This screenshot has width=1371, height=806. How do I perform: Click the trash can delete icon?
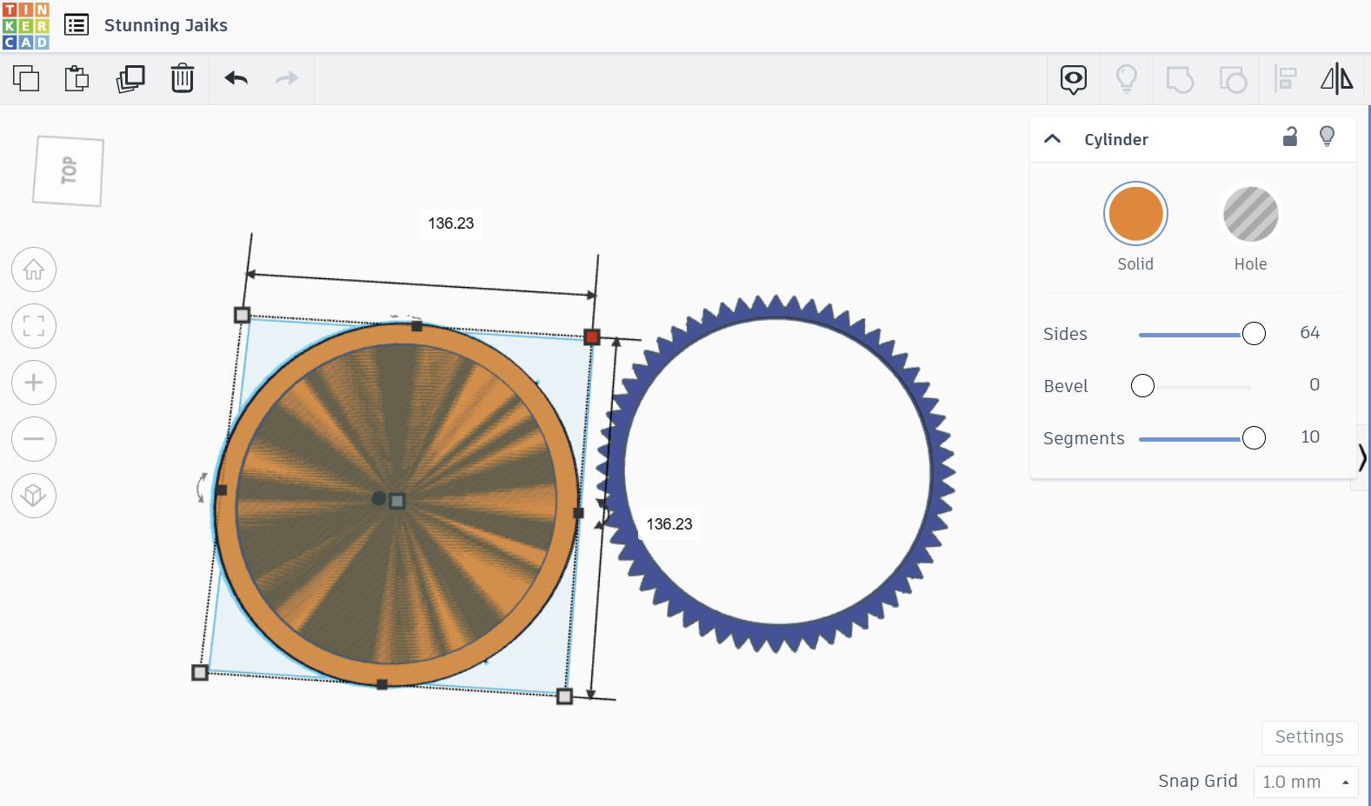click(x=183, y=78)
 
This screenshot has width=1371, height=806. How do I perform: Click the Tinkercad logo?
click(x=26, y=25)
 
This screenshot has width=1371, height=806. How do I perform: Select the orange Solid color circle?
click(x=1135, y=214)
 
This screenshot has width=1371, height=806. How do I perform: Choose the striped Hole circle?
click(x=1250, y=214)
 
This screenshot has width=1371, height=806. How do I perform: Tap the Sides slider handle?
click(x=1254, y=334)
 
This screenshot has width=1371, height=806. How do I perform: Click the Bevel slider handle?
click(x=1142, y=386)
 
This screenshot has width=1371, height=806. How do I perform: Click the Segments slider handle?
click(x=1254, y=438)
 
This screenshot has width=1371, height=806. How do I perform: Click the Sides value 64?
click(x=1309, y=333)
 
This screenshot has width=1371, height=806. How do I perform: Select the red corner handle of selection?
click(x=592, y=336)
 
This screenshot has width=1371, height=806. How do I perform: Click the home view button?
click(x=34, y=270)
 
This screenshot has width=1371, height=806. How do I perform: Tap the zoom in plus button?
click(x=34, y=383)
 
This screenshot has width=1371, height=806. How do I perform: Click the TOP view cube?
click(x=69, y=171)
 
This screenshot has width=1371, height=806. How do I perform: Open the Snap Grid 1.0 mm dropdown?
click(x=1305, y=782)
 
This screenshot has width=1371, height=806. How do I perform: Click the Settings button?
click(x=1308, y=737)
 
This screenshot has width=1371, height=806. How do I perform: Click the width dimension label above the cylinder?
click(x=450, y=223)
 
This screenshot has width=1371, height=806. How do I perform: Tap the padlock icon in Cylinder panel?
click(x=1290, y=137)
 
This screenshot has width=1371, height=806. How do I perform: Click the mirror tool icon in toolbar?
click(x=1336, y=79)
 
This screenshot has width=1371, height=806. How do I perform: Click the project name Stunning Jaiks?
click(x=166, y=25)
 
